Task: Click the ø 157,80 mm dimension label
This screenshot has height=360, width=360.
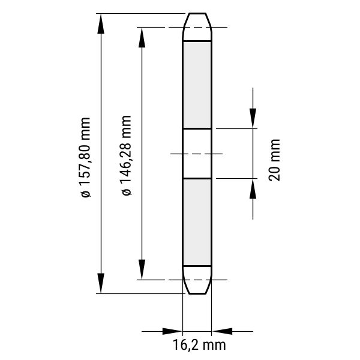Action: coord(85,157)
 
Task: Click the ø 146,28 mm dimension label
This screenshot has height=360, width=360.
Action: coord(127,155)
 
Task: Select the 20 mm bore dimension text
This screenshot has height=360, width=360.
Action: coord(274,160)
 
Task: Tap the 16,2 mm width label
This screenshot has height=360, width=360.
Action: coord(199,345)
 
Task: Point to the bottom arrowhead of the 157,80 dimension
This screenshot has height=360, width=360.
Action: coord(101,283)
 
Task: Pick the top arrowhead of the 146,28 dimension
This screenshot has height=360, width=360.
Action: coord(142,37)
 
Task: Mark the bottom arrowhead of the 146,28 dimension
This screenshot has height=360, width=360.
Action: coord(142,269)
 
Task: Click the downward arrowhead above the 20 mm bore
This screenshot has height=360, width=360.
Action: coord(253,118)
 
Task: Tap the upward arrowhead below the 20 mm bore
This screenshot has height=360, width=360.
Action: coord(253,189)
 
